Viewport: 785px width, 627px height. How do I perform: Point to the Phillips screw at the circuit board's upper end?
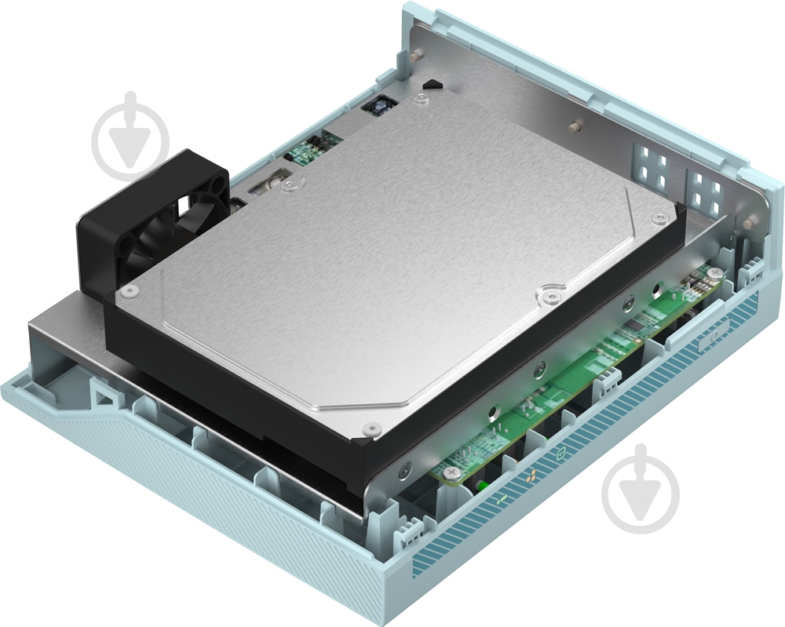[715, 272]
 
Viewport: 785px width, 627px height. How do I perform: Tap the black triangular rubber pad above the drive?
[429, 82]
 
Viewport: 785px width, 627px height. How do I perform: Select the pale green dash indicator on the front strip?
[502, 499]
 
